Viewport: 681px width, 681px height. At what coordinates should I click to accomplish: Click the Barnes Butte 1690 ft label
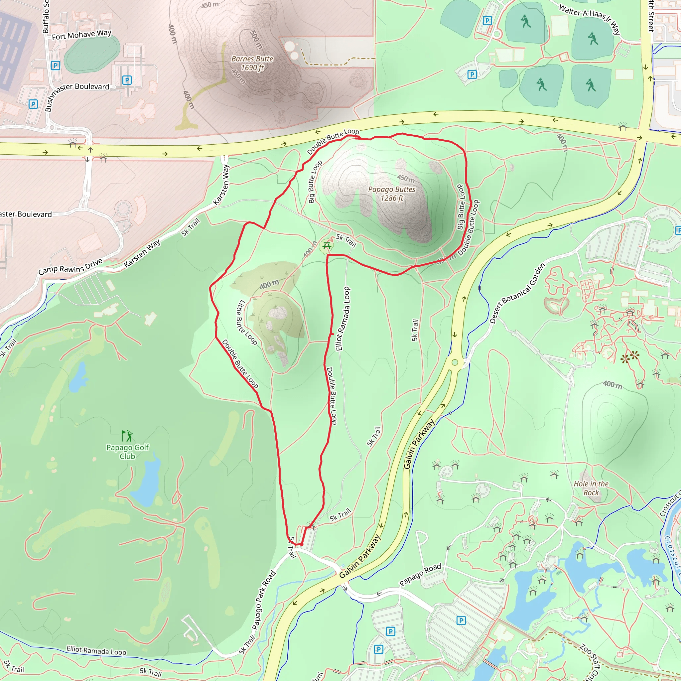click(252, 63)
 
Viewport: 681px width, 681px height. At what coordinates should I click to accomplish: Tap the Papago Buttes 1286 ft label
click(392, 194)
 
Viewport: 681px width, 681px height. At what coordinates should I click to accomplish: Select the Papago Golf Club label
click(128, 452)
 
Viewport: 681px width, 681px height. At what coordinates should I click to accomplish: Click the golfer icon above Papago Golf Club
click(127, 436)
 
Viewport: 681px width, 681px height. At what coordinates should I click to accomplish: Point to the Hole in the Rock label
click(591, 488)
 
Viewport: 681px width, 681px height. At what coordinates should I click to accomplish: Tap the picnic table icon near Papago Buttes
click(327, 246)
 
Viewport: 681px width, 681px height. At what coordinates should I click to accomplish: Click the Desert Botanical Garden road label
click(517, 293)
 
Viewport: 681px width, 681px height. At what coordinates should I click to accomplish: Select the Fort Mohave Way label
click(81, 35)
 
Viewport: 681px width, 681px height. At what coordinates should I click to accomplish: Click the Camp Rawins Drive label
click(70, 266)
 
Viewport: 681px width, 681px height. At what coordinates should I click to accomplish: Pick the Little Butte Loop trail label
click(246, 322)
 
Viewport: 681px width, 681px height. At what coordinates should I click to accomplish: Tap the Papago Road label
click(420, 575)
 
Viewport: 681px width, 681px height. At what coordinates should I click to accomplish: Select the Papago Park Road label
click(264, 600)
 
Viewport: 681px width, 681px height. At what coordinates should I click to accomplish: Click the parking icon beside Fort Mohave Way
click(55, 65)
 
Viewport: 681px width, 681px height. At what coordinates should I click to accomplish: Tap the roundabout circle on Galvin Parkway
click(455, 362)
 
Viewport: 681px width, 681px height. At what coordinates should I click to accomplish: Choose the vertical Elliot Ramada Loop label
click(343, 319)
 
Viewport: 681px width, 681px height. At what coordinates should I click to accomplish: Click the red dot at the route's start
click(301, 545)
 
